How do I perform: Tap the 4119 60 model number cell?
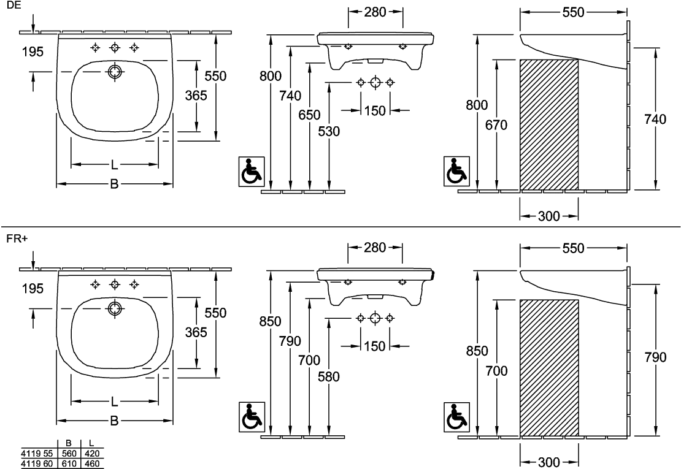pos(37,464)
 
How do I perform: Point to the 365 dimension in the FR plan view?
pos(196,332)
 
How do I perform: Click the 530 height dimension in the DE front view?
pos(329,131)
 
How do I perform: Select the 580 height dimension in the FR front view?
pos(329,378)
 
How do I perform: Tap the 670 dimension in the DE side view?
pos(496,126)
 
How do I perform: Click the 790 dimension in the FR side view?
pos(656,357)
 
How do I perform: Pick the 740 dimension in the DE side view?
pos(656,120)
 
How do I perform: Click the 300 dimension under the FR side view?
pos(548,461)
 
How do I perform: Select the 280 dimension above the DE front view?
pos(375,12)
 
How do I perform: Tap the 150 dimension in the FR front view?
pos(375,346)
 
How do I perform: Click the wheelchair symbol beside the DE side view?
pos(456,171)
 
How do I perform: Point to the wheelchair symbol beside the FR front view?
pos(250,416)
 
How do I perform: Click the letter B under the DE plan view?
pos(113,183)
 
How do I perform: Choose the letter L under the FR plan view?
pos(113,401)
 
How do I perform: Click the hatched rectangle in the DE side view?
pos(548,124)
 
